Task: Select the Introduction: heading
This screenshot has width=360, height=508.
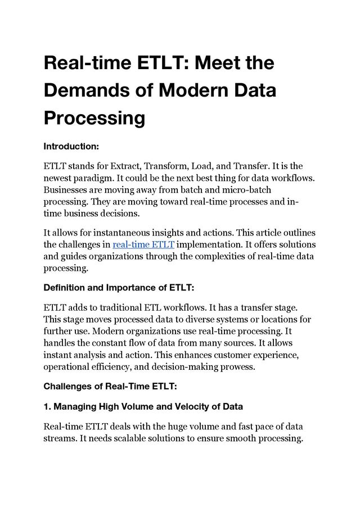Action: pos(71,146)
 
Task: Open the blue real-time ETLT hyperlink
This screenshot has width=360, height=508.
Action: pos(143,244)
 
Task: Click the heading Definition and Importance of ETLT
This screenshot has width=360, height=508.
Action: pos(119,288)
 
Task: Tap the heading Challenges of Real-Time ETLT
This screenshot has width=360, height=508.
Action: pos(110,387)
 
